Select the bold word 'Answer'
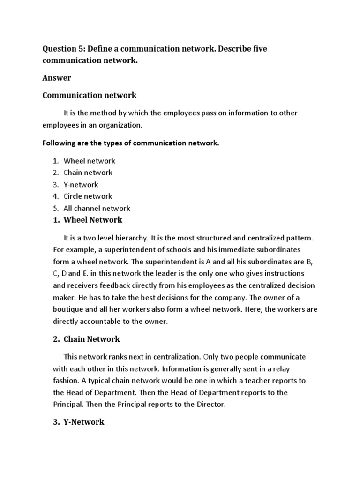tap(56, 78)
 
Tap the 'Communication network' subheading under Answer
tap(90, 95)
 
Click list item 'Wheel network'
tap(89, 161)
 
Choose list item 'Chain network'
tap(88, 172)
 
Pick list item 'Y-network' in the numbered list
tap(81, 185)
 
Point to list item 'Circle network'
tap(88, 196)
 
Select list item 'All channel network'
tap(97, 209)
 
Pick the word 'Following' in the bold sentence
tap(60, 143)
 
